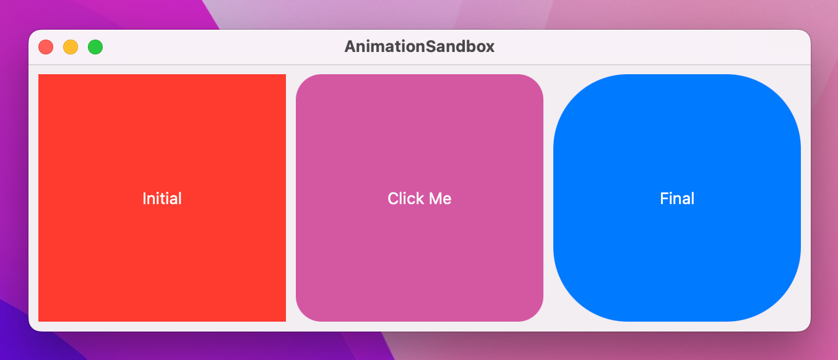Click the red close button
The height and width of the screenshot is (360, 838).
pos(46,47)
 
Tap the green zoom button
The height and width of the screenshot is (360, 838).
pos(95,47)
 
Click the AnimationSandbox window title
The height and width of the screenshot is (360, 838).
pos(419,47)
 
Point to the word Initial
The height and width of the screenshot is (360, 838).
pos(162,199)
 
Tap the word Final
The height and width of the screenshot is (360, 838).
pos(677,199)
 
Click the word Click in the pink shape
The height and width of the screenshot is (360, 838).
pos(402,199)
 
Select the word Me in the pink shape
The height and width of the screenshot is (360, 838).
pos(440,199)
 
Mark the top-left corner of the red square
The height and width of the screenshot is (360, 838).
pos(39,75)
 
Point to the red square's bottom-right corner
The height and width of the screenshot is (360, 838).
pos(285,321)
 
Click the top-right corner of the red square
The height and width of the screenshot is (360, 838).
pos(285,75)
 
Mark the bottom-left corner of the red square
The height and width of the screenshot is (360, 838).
pos(39,321)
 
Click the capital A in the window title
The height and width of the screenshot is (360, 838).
pos(350,47)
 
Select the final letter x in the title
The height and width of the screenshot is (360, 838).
pos(490,48)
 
